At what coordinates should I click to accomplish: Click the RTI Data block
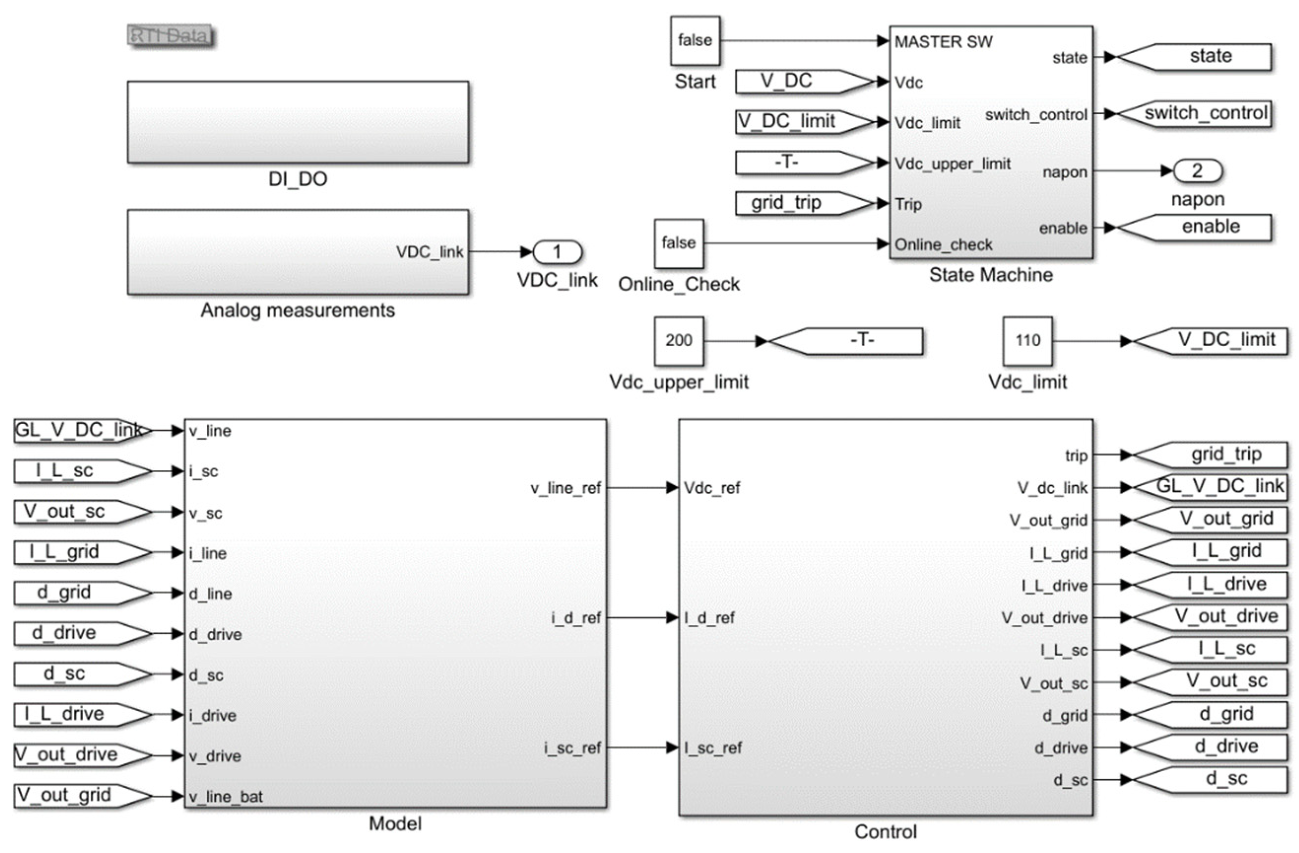(x=170, y=36)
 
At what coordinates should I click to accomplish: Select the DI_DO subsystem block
(x=297, y=122)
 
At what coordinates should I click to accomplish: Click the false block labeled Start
(x=694, y=41)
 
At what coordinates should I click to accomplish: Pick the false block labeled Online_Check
(x=679, y=243)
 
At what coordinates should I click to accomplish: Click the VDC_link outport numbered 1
(x=557, y=252)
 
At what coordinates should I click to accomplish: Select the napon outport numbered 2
(x=1197, y=171)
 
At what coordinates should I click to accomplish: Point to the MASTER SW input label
(x=943, y=42)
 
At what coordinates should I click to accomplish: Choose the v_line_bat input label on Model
(x=226, y=796)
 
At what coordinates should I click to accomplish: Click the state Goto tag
(x=1201, y=57)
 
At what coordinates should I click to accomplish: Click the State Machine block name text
(x=991, y=274)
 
